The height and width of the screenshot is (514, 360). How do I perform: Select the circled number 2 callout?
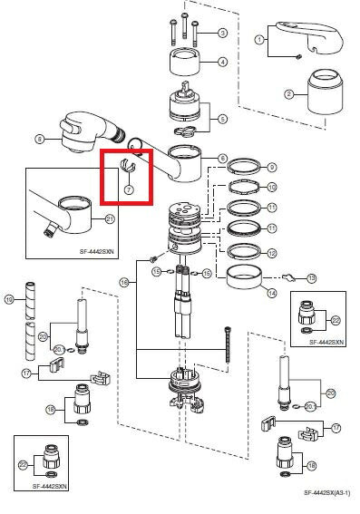coord(289,93)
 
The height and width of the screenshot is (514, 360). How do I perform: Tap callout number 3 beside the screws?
coord(222,34)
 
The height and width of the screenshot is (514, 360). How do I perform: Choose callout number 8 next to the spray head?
coord(39,139)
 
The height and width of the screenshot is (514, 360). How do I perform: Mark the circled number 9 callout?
coord(271,167)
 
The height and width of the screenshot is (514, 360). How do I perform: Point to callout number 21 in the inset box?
coord(110,218)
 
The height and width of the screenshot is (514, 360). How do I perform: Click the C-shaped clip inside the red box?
coord(128,169)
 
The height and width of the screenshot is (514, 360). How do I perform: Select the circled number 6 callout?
coord(223,159)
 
